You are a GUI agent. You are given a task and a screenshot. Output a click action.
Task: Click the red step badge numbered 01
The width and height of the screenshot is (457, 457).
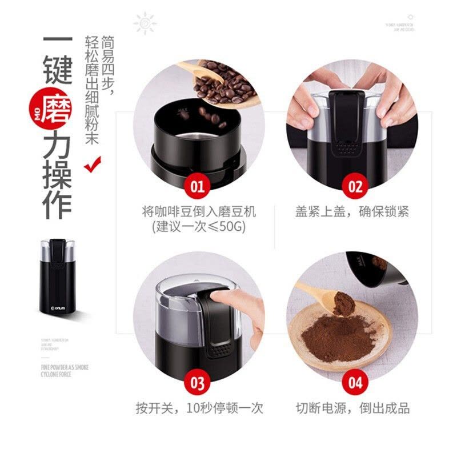pos(197,186)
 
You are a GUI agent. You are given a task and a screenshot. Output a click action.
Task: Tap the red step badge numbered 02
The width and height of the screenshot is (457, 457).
pos(355,186)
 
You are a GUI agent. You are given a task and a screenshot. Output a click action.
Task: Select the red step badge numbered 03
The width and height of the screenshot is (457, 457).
pos(197,382)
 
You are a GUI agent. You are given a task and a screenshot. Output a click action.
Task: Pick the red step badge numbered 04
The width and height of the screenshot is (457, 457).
pos(355,382)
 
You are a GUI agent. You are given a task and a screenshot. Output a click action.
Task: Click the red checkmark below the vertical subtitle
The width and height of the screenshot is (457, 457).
pos(91,165)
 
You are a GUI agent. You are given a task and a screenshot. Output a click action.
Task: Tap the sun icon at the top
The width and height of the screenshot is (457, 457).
pos(145,23)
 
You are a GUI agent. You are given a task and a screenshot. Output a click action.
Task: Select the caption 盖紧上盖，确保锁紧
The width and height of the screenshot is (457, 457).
pos(352,212)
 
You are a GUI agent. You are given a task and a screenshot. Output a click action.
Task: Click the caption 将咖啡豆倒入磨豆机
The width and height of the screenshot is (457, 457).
pos(199,212)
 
